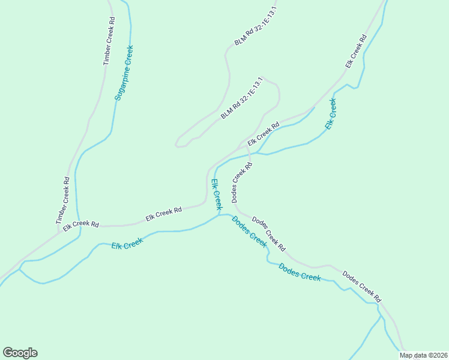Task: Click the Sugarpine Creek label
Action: [x=124, y=73]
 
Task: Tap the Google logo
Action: [x=20, y=353]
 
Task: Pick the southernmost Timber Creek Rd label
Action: [x=63, y=200]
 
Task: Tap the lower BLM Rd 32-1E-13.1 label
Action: [x=241, y=98]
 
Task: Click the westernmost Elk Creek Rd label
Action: [x=81, y=223]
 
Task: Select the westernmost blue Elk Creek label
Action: [x=127, y=244]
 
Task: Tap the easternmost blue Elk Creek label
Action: [x=331, y=114]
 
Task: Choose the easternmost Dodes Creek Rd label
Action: [x=361, y=286]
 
